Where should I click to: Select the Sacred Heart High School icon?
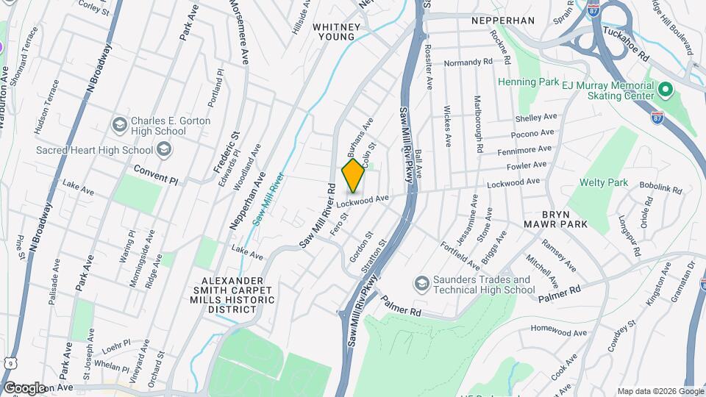pos(164,150)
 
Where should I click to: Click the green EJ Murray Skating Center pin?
pos(666,90)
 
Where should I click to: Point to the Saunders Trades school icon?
pos(421,284)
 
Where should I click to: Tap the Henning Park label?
pos(529,82)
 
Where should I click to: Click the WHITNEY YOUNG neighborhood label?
pos(337,32)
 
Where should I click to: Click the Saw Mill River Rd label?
pos(318,216)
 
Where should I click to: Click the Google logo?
pos(24,387)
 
